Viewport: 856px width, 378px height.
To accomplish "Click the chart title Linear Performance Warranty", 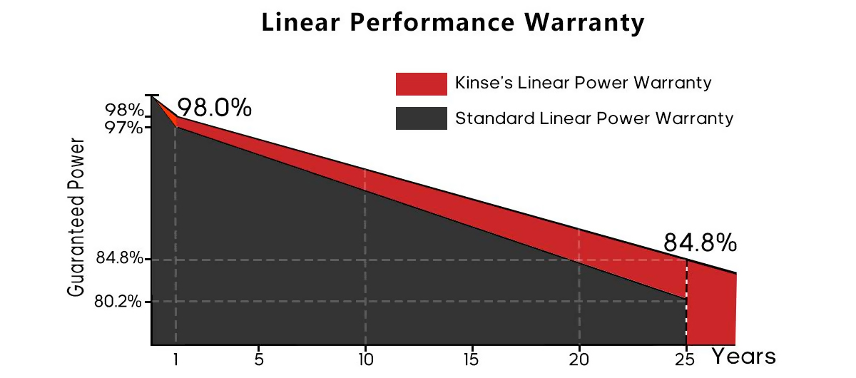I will tap(453, 23).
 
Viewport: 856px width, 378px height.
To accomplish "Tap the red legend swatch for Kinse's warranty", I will tap(421, 83).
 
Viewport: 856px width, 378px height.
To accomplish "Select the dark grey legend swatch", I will tap(421, 118).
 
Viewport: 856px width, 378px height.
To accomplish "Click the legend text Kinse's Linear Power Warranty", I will tap(583, 83).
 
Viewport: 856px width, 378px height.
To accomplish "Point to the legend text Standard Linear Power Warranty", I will tap(593, 118).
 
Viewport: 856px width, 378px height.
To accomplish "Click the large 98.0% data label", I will tap(214, 108).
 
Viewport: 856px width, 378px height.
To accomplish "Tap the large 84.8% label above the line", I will tap(700, 243).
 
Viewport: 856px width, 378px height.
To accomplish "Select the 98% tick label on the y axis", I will tap(124, 111).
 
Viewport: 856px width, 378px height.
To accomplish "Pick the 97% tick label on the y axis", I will tap(124, 128).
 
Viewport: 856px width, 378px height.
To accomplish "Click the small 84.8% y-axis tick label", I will tap(118, 258).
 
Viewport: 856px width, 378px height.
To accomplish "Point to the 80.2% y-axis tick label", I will tap(118, 301).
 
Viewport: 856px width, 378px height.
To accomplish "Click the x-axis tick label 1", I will tap(175, 360).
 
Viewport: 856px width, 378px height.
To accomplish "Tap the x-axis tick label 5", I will tap(258, 360).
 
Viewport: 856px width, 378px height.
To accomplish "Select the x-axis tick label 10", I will tap(365, 360).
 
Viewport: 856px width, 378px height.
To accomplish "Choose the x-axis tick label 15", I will tap(472, 360).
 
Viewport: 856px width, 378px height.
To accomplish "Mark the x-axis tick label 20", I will tap(579, 360).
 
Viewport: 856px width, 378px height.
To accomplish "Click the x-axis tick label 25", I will tap(686, 360).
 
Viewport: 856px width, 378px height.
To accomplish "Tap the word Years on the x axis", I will tap(743, 355).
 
